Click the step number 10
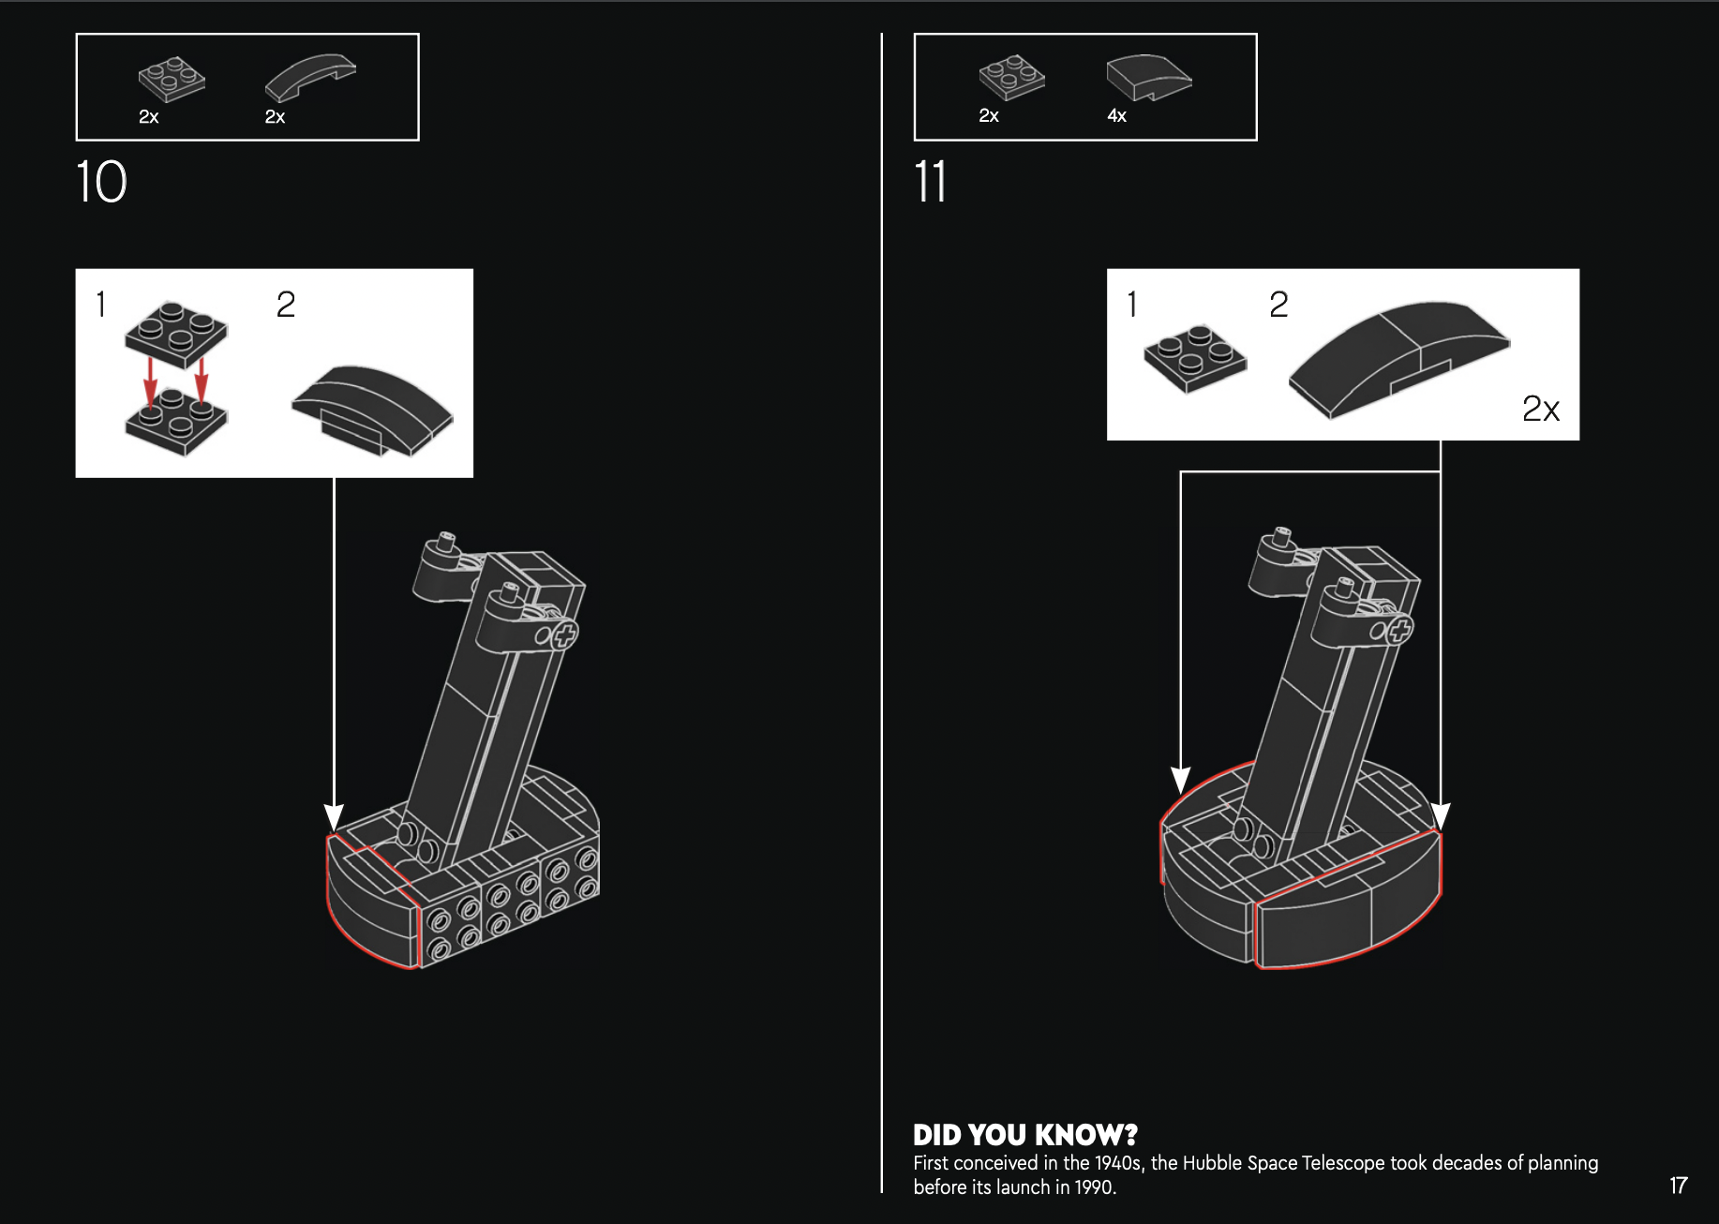[x=101, y=182]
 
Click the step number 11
[x=930, y=182]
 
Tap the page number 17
[x=1678, y=1186]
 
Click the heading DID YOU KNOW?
[x=1024, y=1135]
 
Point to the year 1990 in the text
[x=1094, y=1187]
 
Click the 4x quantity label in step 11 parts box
[x=1116, y=116]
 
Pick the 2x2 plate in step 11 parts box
[x=1011, y=77]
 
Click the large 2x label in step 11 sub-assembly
[x=1540, y=409]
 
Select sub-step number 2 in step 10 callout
[x=286, y=305]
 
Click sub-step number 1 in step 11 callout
[x=1132, y=305]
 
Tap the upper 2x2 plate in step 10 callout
[x=176, y=333]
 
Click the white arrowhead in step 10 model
[x=334, y=816]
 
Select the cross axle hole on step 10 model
[x=564, y=636]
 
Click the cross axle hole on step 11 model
[x=1398, y=630]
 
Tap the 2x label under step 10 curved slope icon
[x=275, y=117]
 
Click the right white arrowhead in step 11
[x=1441, y=815]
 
